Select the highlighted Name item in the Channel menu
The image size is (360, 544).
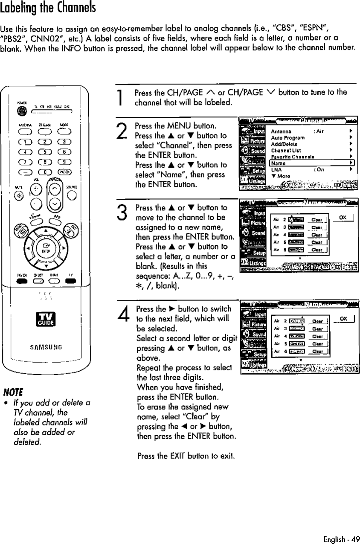pos(279,163)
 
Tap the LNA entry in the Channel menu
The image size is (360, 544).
pos(276,169)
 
